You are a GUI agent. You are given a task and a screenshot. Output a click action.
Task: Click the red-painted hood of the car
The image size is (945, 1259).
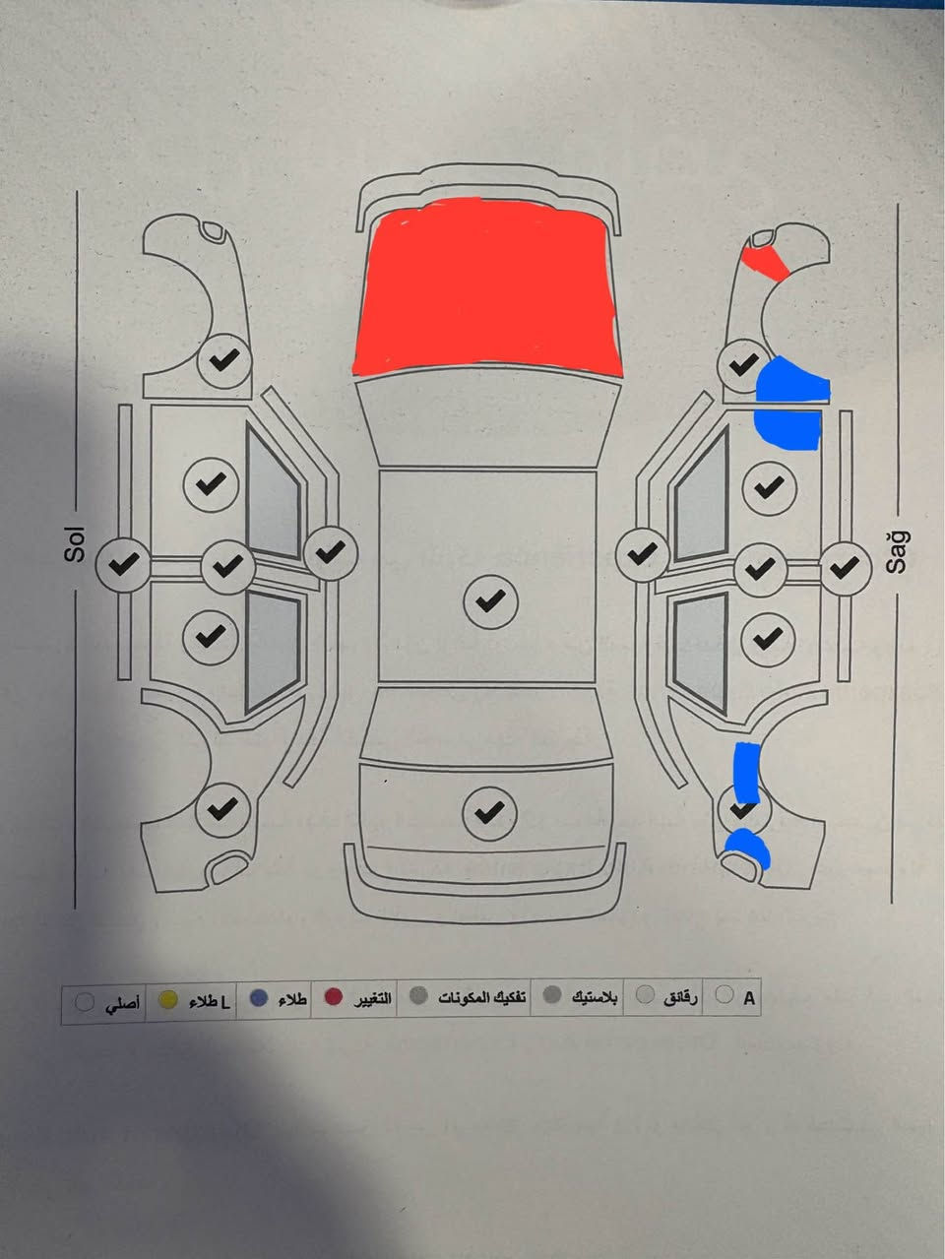tap(487, 286)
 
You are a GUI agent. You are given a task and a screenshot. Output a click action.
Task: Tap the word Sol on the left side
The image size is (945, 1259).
tap(75, 545)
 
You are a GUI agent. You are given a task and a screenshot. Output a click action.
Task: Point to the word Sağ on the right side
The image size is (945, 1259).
tap(898, 552)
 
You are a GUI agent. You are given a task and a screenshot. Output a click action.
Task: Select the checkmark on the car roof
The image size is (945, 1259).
tap(490, 601)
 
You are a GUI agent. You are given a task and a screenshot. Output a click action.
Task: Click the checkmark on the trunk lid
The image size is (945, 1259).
tap(489, 813)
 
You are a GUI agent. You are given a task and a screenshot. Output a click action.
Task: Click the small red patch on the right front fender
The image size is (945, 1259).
tap(766, 263)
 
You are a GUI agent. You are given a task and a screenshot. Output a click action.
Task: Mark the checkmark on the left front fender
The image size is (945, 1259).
tap(224, 361)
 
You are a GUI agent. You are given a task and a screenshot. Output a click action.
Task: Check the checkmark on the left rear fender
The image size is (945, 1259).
tap(223, 809)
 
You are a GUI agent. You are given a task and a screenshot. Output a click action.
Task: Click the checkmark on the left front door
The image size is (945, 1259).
tap(211, 484)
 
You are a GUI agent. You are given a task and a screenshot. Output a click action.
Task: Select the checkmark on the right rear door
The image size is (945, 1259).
tap(769, 639)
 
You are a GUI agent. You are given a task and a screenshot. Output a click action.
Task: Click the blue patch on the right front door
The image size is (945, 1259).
tap(787, 429)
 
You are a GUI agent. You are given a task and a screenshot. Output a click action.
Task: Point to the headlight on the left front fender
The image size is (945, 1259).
tap(213, 231)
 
